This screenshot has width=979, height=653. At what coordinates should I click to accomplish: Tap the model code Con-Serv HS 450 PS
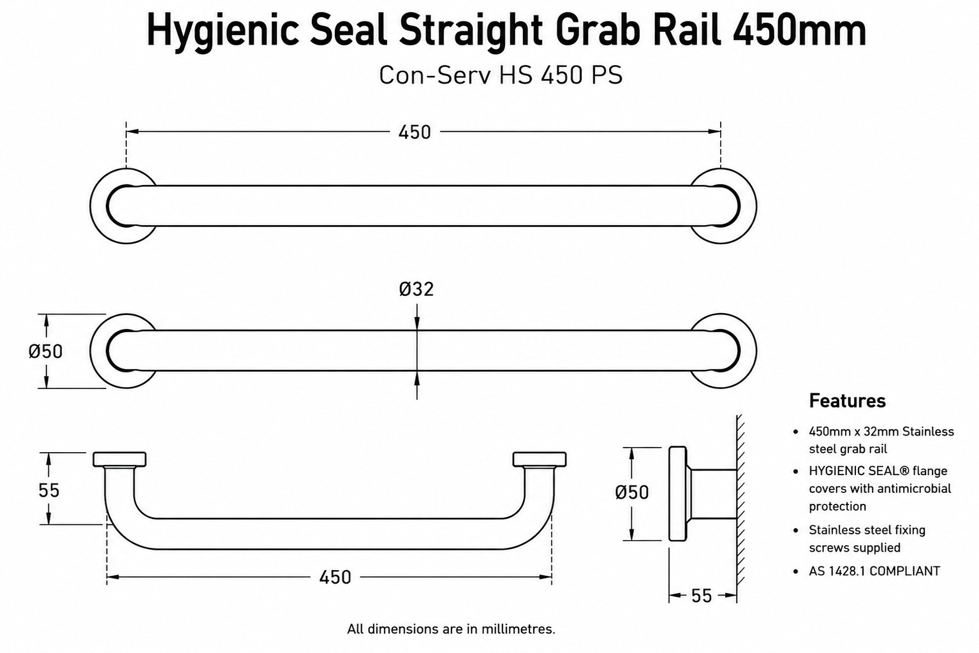[501, 75]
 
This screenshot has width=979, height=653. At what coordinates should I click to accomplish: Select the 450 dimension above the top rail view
[415, 132]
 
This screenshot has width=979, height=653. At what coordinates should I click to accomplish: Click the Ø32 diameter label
[416, 290]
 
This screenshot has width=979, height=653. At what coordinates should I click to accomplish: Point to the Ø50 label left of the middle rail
[45, 351]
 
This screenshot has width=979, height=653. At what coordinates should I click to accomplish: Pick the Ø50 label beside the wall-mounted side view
[631, 492]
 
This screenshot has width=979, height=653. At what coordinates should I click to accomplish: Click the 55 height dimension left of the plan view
[48, 490]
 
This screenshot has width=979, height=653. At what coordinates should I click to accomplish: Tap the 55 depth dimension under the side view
[702, 596]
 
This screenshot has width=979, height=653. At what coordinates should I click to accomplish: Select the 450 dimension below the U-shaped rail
[335, 577]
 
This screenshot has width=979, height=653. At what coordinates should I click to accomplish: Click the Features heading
[847, 401]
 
